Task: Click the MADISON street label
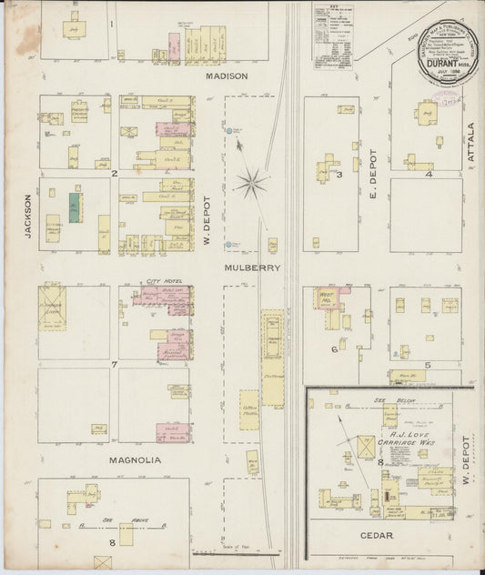tap(227, 76)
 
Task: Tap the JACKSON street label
tap(28, 216)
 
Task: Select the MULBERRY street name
tap(254, 268)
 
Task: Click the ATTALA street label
tap(471, 143)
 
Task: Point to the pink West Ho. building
tap(327, 300)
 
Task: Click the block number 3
tap(338, 175)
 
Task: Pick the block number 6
tap(335, 348)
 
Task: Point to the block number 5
tap(426, 364)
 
